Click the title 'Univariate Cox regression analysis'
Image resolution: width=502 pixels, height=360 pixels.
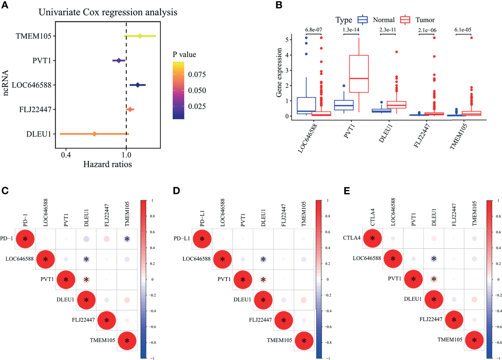point(108,12)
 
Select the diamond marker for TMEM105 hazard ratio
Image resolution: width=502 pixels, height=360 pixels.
point(140,36)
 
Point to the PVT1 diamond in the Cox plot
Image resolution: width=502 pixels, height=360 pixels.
point(119,61)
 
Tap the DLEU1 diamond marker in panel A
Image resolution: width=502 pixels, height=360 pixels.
point(94,134)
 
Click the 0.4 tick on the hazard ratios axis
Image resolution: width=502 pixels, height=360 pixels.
point(66,155)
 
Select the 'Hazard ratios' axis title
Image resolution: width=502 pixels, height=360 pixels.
point(108,164)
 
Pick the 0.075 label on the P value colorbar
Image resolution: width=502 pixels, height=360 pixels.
point(197,74)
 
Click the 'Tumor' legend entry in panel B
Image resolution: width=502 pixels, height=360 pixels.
point(425,20)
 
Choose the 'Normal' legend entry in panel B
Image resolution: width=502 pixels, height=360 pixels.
point(383,20)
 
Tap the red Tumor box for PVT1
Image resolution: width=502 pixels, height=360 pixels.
point(359,74)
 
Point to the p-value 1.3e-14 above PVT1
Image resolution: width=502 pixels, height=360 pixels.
point(351,30)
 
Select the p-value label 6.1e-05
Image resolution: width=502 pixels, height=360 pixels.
point(463,30)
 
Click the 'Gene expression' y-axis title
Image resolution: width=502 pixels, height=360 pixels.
point(279,72)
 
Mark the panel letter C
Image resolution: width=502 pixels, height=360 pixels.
point(5,191)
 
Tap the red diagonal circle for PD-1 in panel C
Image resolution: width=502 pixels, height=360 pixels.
point(25,239)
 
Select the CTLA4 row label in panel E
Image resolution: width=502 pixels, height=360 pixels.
point(352,238)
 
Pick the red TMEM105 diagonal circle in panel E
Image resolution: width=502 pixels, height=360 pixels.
point(474,340)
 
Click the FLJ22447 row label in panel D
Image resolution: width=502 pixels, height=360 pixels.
point(260,320)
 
